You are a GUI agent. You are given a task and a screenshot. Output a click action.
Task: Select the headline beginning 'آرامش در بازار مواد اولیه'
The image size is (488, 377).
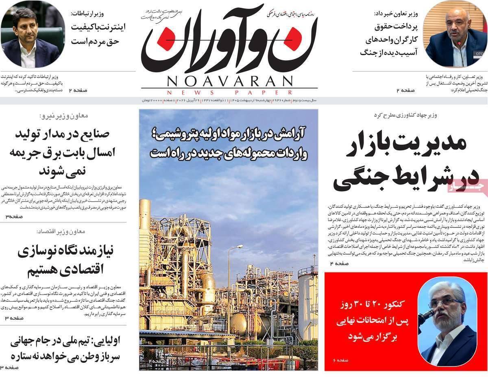[x=229, y=143]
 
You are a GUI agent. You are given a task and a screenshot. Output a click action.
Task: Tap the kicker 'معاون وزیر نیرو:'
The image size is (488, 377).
[x=63, y=116]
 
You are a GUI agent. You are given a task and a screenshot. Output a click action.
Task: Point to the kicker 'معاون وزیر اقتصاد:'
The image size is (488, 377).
[x=61, y=231]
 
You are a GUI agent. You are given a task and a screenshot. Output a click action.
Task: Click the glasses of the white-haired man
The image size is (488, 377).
[x=447, y=303]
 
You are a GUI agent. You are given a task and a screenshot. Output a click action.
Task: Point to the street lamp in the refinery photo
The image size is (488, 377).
[x=239, y=247]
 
